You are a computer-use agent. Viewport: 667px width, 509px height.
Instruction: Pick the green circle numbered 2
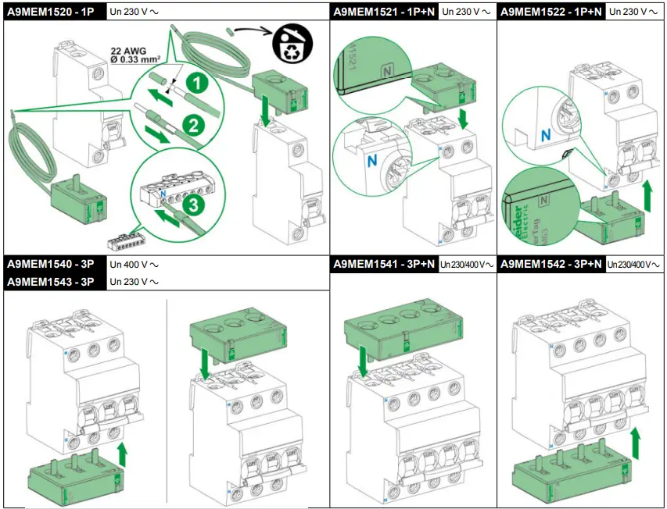(189, 123)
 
